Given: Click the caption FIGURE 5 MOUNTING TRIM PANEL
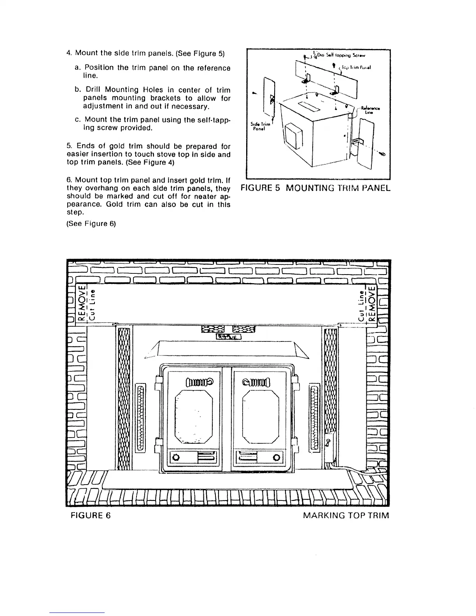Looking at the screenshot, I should click(315, 189).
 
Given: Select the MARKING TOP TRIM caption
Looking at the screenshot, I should click(346, 516).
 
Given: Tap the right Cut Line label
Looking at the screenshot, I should click(362, 305).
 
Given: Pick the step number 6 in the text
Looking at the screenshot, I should click(68, 180).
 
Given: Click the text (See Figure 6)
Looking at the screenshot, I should click(91, 224).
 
